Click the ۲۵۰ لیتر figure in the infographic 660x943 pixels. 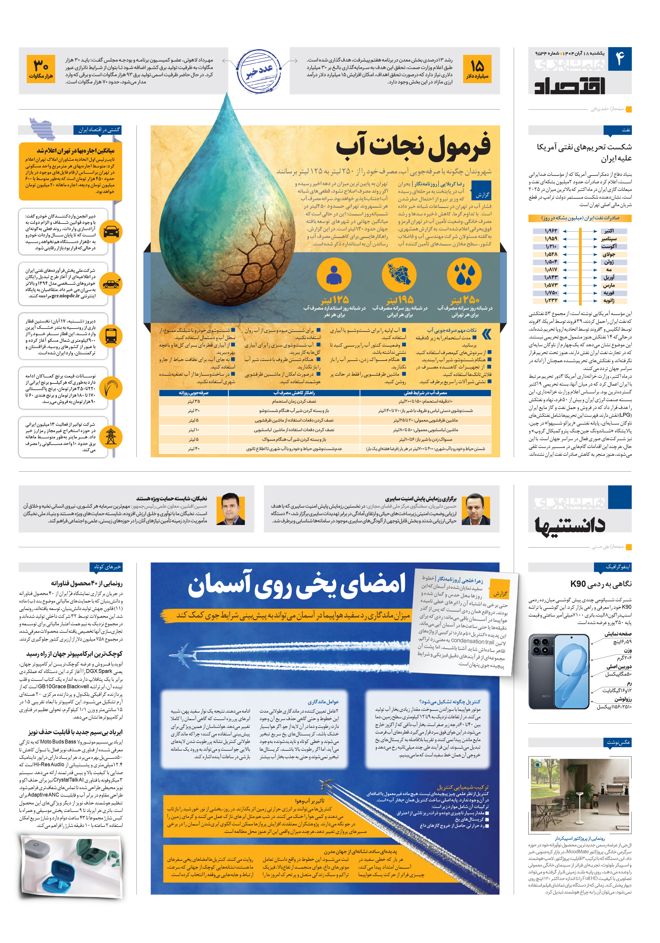[464, 299]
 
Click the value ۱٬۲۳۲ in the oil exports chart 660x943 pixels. [551, 301]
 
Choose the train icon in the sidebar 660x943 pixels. [111, 336]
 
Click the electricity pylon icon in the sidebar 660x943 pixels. [111, 436]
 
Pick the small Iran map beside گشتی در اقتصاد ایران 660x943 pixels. [42, 128]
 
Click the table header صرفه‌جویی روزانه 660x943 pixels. [193, 393]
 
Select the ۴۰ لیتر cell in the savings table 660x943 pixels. [193, 449]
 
